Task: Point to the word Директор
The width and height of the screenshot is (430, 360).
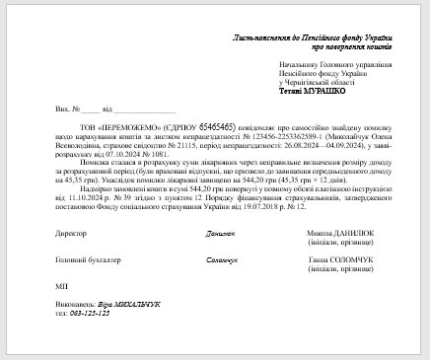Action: pyautogui.click(x=71, y=234)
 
